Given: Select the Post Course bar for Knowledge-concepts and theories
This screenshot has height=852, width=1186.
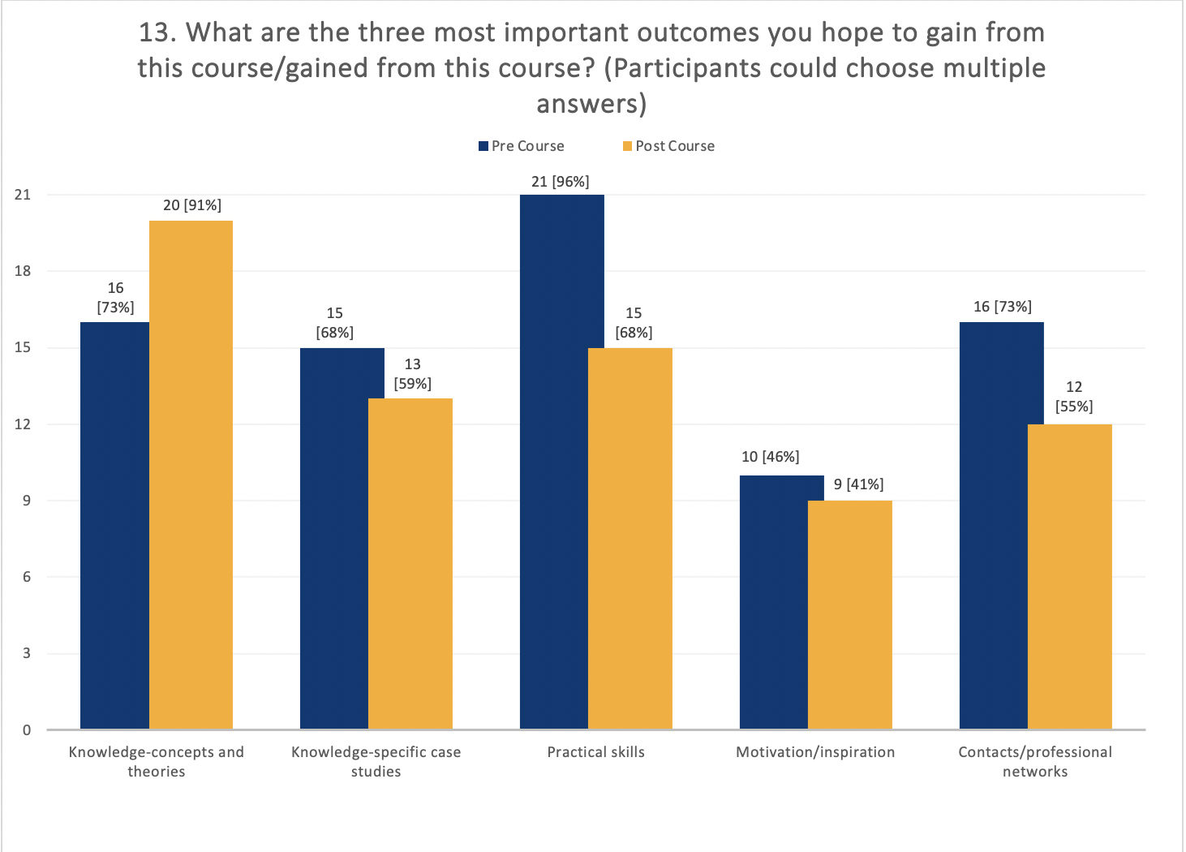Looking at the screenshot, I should click(191, 475).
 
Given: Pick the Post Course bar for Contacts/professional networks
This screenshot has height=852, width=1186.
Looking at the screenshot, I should click(1069, 576).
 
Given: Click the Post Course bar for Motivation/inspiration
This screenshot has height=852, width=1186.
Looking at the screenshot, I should click(849, 614).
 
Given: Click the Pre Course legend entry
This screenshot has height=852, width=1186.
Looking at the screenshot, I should click(521, 146).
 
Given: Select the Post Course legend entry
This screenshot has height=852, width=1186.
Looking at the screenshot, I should click(668, 146).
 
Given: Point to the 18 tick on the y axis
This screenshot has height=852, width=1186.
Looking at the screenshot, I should click(23, 271).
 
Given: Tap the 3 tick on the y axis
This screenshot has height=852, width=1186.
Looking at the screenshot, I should click(27, 653).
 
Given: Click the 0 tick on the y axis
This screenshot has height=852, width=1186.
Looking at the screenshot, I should click(27, 729).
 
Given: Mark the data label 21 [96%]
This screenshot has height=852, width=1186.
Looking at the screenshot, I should click(560, 182).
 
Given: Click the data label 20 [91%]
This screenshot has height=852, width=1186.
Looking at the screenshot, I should click(191, 205).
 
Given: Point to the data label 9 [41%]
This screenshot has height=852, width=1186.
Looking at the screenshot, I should click(858, 484).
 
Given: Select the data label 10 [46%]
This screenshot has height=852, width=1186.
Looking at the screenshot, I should click(770, 457).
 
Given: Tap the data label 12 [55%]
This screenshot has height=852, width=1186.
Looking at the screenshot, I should click(1074, 397).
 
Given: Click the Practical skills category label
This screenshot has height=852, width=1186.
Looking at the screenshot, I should click(595, 752).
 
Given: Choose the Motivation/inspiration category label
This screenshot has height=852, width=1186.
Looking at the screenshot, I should click(815, 752).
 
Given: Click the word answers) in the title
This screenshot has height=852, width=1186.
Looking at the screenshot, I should click(591, 104).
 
